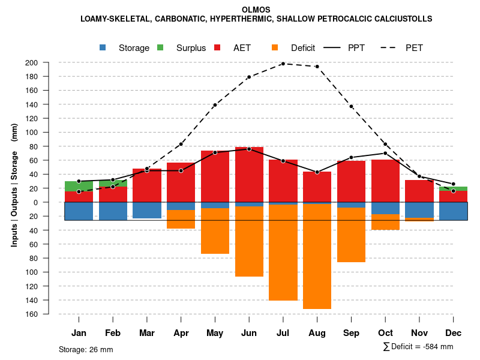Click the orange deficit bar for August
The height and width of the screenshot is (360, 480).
[317, 257]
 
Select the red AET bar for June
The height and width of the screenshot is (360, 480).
[249, 175]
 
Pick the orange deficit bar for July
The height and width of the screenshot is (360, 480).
[283, 253]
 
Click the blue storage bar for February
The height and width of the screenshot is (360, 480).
[113, 211]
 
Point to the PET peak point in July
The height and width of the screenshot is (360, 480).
[283, 63]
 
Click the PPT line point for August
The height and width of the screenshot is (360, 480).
[317, 172]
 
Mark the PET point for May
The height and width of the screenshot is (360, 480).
[215, 105]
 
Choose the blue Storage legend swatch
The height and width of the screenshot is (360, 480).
[104, 47]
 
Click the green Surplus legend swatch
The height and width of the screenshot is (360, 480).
[161, 47]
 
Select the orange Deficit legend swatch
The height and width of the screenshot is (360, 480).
[275, 47]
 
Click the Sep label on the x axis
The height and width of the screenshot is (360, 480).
[351, 333]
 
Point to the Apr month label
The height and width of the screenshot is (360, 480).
[181, 333]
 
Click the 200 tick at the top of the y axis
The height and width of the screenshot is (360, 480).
[49, 62]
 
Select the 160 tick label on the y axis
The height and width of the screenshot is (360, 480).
[49, 314]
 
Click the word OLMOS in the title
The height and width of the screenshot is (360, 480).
[256, 10]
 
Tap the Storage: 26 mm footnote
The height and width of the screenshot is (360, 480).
[86, 349]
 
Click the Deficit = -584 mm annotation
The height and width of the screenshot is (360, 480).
[418, 347]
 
